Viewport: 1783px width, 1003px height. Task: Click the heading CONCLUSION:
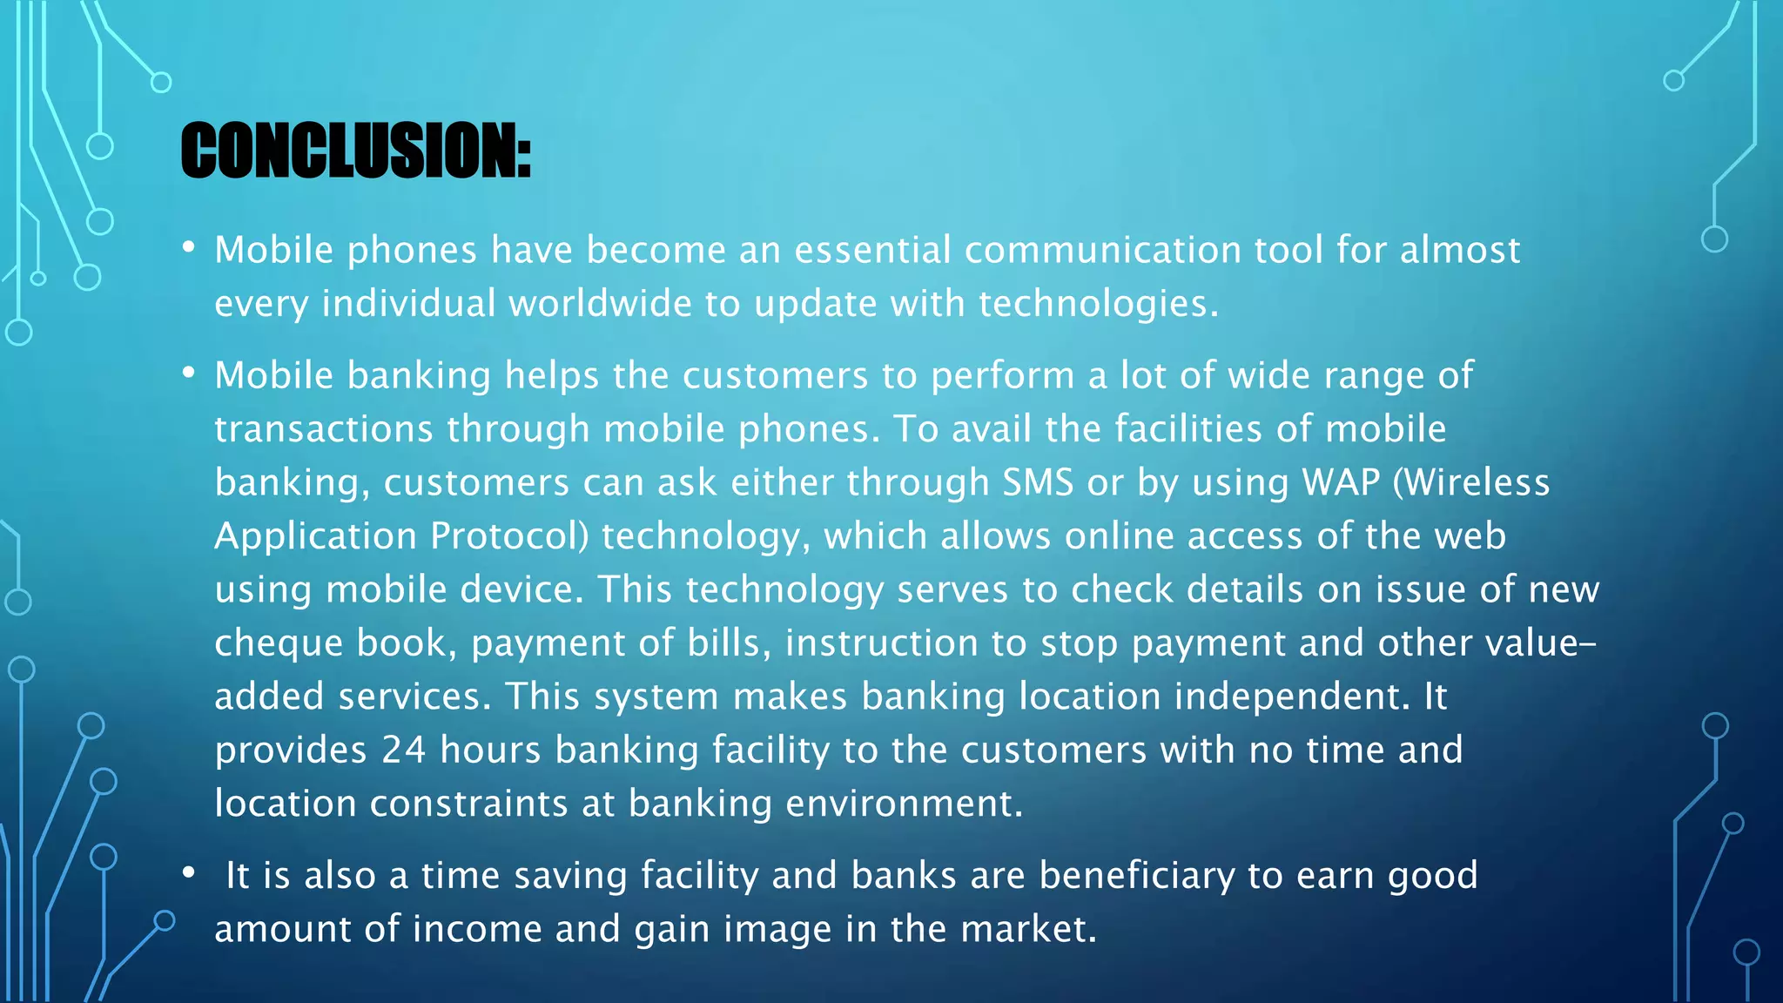355,151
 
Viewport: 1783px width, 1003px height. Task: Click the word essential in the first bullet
872,251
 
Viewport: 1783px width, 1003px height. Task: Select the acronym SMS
1038,482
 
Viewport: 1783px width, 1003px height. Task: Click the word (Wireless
1471,482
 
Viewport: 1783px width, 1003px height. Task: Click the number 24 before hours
403,751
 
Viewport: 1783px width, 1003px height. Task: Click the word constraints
468,804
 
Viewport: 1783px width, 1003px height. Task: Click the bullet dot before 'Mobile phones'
189,248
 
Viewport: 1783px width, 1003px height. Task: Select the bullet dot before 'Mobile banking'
189,374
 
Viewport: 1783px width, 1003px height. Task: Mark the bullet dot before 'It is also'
189,873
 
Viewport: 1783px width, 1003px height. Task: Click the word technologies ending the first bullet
1098,304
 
